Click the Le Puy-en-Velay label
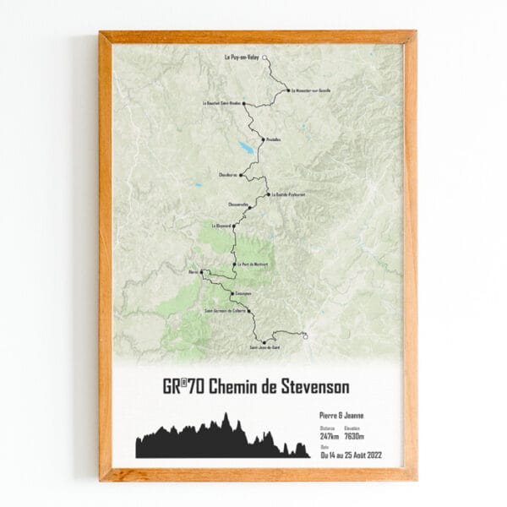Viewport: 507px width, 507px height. coord(241,58)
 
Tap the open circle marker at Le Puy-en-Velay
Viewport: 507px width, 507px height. coord(265,58)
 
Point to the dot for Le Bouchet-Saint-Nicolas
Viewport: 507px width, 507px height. coord(244,104)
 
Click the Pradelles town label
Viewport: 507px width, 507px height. coord(273,139)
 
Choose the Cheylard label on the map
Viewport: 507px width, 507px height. coord(227,175)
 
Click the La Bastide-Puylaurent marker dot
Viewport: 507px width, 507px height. coord(268,194)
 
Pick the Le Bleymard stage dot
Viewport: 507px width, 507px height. coord(233,227)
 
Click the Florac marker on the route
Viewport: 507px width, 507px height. coord(202,272)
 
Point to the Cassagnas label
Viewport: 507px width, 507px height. coord(245,293)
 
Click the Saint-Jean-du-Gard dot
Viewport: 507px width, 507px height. coord(264,342)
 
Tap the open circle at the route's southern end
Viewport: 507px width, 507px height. coord(305,337)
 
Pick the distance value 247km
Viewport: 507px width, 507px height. coord(330,436)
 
